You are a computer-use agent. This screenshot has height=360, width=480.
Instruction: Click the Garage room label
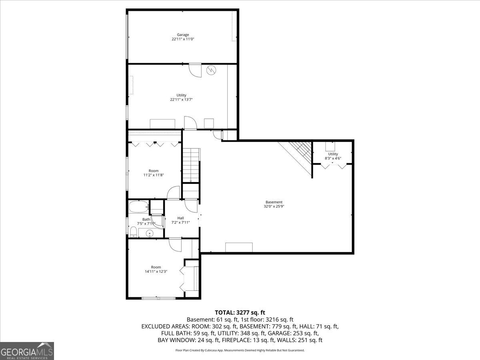click(183, 35)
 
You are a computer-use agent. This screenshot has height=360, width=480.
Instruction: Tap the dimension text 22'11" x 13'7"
click(183, 100)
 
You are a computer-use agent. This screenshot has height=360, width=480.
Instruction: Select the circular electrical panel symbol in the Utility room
click(211, 70)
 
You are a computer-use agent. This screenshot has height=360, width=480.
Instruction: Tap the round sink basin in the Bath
click(150, 233)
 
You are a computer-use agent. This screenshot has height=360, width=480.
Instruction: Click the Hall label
click(180, 218)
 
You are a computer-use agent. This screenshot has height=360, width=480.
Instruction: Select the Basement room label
click(274, 202)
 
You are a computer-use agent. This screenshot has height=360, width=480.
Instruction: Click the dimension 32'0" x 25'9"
click(274, 207)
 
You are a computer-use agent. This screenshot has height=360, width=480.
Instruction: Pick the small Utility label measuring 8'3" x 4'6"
click(333, 154)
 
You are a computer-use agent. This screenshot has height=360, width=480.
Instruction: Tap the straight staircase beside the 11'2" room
click(191, 165)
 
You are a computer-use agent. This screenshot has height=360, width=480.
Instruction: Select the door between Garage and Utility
click(195, 70)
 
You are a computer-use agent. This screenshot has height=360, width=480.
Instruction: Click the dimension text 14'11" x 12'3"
click(156, 272)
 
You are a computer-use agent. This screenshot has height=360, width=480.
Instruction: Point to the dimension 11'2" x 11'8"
click(154, 175)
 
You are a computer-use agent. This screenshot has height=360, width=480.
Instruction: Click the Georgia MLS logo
click(27, 351)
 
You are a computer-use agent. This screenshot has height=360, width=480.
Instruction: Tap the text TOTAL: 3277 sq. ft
click(240, 312)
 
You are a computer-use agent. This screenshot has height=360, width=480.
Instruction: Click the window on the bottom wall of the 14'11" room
click(158, 298)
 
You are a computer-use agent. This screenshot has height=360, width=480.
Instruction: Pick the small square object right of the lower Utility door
click(209, 123)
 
